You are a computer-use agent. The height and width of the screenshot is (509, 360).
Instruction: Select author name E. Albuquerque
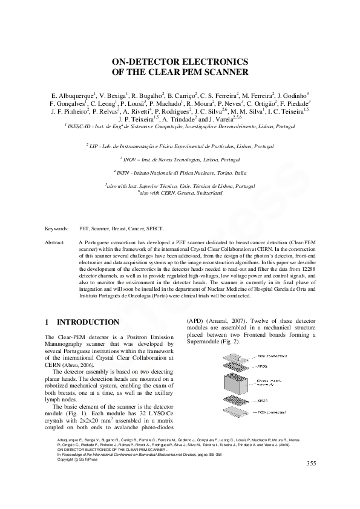pyautogui.click(x=71, y=96)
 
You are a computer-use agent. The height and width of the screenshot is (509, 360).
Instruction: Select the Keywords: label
pyautogui.click(x=57, y=229)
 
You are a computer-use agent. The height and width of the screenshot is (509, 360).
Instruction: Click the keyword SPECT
pyautogui.click(x=154, y=229)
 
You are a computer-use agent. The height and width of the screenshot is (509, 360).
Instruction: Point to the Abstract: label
pyautogui.click(x=55, y=242)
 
